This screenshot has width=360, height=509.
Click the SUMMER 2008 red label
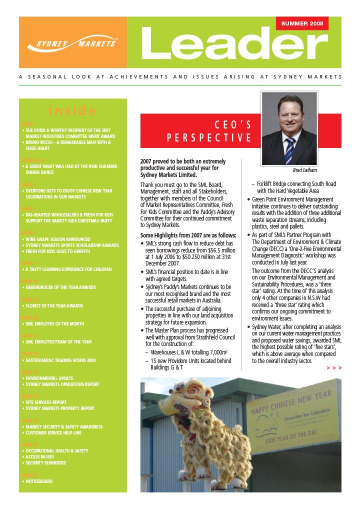point(302,23)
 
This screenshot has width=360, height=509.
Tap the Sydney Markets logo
point(72,43)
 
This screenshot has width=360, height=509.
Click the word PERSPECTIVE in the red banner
point(209,137)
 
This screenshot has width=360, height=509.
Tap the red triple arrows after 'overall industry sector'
point(334,368)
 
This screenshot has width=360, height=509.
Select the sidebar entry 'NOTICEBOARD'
point(39,481)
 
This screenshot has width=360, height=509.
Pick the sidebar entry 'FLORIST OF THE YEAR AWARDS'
point(54,305)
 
